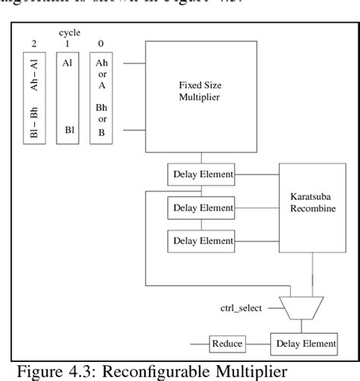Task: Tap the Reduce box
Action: (x=227, y=344)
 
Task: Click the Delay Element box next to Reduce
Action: (x=303, y=344)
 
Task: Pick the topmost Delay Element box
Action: (x=201, y=174)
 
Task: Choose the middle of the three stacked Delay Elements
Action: (x=201, y=208)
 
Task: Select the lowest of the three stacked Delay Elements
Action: (x=201, y=240)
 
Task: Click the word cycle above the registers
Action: (x=69, y=33)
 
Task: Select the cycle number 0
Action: (x=102, y=44)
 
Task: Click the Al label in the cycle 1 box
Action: (x=68, y=65)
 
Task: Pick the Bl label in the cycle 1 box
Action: (x=69, y=130)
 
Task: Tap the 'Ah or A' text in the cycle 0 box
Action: (x=102, y=75)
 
